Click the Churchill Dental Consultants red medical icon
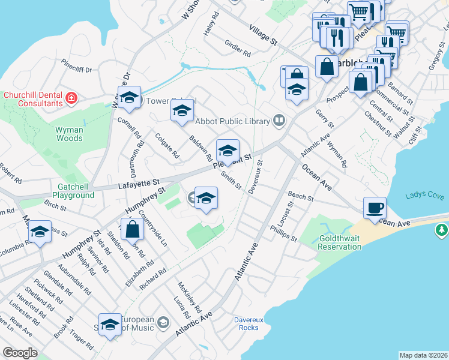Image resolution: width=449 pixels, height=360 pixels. [72, 97]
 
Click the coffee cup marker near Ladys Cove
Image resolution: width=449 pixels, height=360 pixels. [375, 208]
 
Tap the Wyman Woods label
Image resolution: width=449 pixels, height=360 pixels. [69, 133]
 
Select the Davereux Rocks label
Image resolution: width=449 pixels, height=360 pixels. [249, 323]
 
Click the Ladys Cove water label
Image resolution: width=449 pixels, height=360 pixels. [424, 195]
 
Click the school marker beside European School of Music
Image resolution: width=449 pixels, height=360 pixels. [110, 325]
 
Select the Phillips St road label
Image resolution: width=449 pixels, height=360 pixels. [283, 234]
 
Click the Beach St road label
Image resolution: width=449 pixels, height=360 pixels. [301, 197]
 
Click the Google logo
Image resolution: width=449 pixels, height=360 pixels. [20, 352]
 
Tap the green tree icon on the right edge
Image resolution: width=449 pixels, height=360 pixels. [442, 230]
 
